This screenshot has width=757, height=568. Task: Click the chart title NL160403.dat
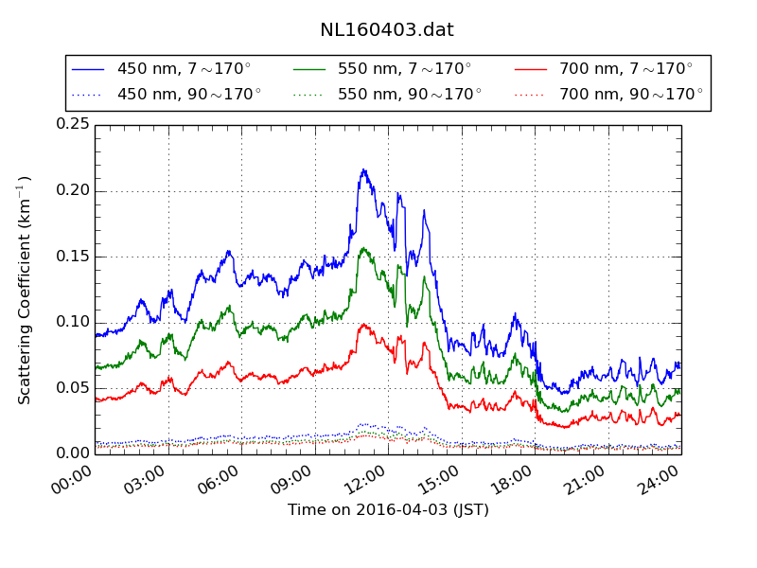387,29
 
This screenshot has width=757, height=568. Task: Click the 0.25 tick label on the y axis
73,124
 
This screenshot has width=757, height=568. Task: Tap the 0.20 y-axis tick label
73,190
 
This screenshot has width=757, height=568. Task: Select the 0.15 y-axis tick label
73,257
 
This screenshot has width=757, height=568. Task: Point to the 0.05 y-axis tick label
73,388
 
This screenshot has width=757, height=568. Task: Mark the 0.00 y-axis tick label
73,453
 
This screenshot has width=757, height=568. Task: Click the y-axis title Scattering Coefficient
26,289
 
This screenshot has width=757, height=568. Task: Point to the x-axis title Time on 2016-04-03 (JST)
388,510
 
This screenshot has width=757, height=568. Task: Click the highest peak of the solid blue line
363,170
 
